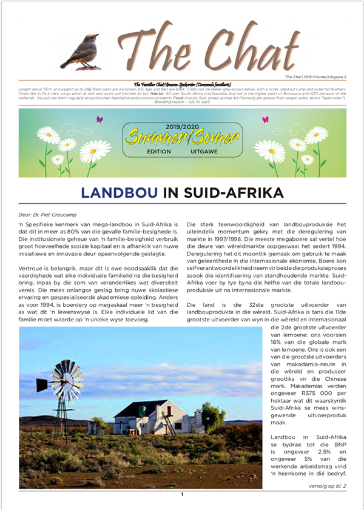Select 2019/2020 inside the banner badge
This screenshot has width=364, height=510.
[182, 127]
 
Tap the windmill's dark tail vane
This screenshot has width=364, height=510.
[41, 384]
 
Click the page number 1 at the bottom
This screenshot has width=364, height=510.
[181, 495]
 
